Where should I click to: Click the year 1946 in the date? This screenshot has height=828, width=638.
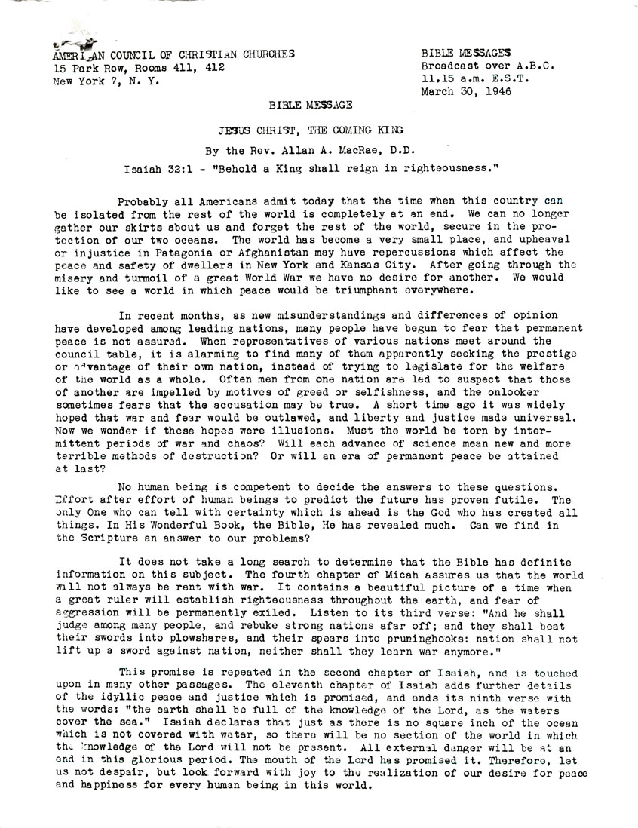pyautogui.click(x=497, y=92)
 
